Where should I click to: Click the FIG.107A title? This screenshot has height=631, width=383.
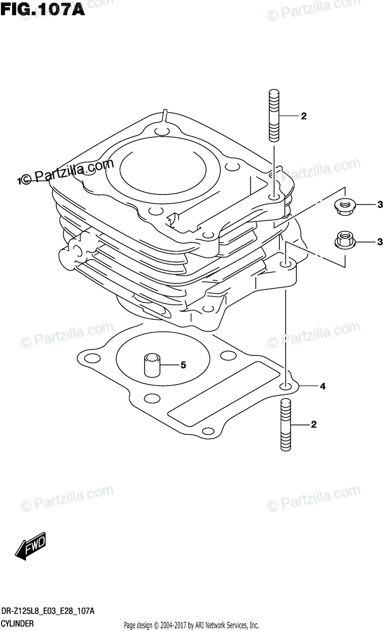point(43,9)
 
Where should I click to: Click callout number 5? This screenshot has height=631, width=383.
point(183,364)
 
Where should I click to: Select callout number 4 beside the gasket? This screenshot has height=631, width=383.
point(322,387)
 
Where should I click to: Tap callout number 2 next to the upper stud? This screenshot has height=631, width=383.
point(303,117)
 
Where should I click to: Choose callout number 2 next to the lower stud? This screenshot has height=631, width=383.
point(314,425)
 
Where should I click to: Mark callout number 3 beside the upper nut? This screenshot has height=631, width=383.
point(378,205)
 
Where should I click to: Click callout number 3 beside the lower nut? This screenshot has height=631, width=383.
point(378,242)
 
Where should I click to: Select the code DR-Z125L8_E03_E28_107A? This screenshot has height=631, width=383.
point(48,612)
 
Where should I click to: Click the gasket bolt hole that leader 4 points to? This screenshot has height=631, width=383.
point(286,387)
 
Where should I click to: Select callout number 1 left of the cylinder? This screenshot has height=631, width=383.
point(19,181)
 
